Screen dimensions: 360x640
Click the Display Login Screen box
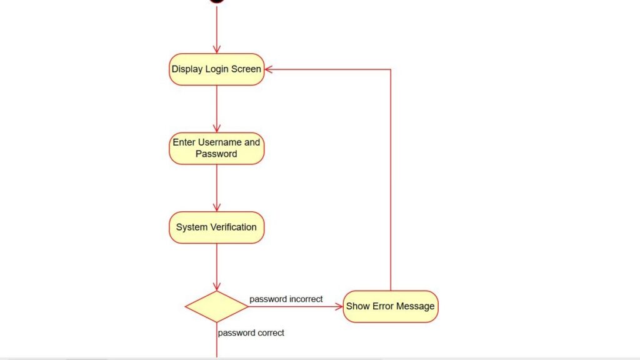(x=216, y=69)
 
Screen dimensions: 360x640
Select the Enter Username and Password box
(x=216, y=148)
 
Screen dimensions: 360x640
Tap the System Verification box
(x=216, y=227)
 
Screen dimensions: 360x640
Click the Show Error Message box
(x=390, y=306)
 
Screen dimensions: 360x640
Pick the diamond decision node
(x=216, y=306)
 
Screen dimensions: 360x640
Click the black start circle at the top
(x=216, y=1)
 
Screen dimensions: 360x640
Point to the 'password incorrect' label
(x=286, y=299)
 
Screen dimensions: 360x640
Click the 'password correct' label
(x=251, y=333)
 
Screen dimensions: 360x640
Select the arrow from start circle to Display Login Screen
(x=216, y=29)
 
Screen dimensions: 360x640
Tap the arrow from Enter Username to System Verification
(x=216, y=187)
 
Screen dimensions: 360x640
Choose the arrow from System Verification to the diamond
(x=216, y=267)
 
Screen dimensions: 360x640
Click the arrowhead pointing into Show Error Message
(x=339, y=306)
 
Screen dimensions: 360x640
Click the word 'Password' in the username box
(x=216, y=154)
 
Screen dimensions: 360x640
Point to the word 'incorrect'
(x=306, y=299)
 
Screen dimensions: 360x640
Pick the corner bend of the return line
(x=391, y=69)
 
